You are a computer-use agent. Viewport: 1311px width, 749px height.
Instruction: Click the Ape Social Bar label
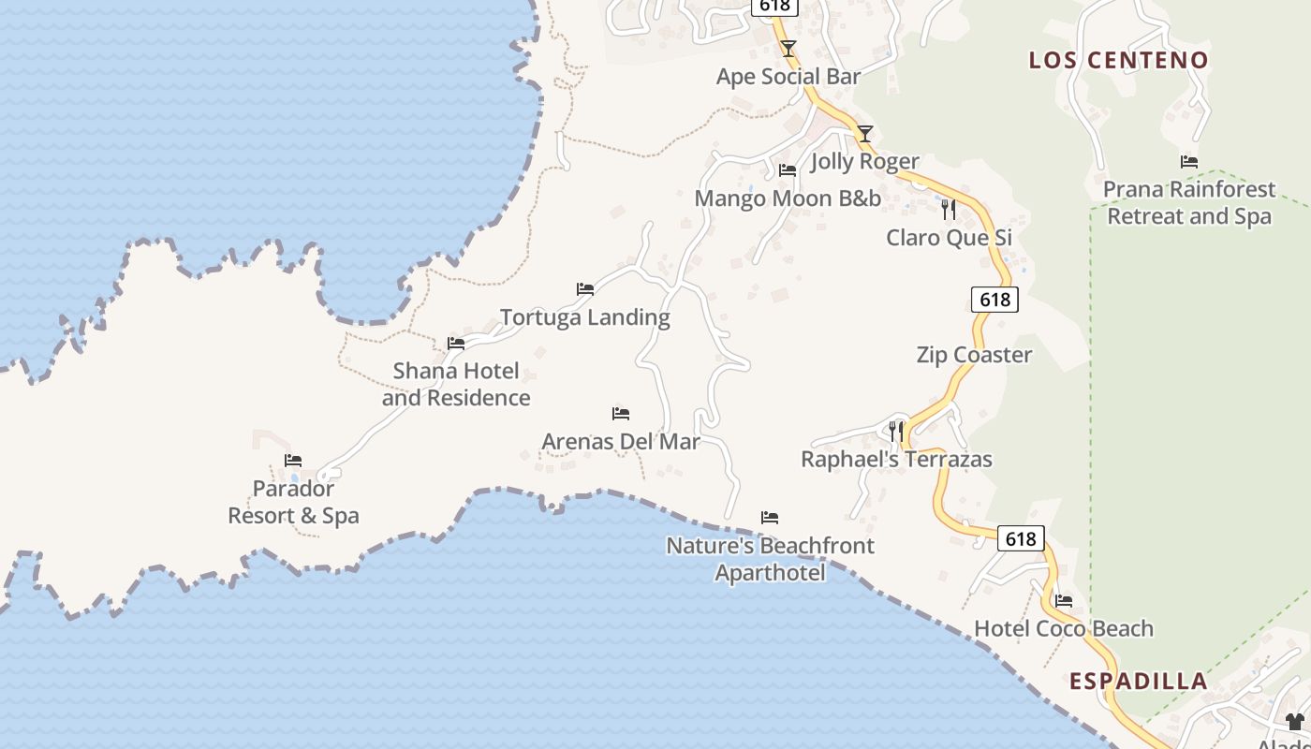(788, 77)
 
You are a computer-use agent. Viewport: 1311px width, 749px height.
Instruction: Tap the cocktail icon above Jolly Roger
(865, 134)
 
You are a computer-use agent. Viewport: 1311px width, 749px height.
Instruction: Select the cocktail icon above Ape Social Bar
(788, 48)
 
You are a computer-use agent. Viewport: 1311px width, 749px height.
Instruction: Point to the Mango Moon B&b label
(788, 198)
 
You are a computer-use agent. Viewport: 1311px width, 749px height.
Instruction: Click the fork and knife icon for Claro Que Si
(949, 209)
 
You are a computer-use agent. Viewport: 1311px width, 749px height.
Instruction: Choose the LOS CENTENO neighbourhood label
(1119, 60)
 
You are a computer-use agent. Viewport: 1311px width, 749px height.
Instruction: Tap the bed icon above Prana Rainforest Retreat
(1189, 162)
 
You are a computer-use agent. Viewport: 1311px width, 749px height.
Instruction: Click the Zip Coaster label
(974, 355)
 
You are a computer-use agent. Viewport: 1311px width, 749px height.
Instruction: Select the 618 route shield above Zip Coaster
(994, 299)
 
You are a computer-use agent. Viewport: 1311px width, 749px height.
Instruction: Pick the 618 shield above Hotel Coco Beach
(1020, 538)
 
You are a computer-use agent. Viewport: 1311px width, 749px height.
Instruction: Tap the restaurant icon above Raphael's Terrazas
(896, 431)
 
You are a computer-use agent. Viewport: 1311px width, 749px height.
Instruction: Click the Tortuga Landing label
(585, 317)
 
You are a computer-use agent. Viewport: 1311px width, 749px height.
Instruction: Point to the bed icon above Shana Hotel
(456, 344)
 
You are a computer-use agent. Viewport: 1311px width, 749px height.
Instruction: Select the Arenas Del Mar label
(621, 441)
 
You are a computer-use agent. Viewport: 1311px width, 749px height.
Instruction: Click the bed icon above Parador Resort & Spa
(293, 461)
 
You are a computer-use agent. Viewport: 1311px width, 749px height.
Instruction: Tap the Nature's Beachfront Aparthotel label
(770, 559)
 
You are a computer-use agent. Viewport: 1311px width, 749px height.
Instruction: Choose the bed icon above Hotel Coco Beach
(1064, 601)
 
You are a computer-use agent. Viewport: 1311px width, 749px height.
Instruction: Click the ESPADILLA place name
(1138, 681)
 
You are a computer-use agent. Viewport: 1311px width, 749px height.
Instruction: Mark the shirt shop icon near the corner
(1295, 721)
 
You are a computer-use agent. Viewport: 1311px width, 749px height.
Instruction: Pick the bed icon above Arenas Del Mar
(620, 413)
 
